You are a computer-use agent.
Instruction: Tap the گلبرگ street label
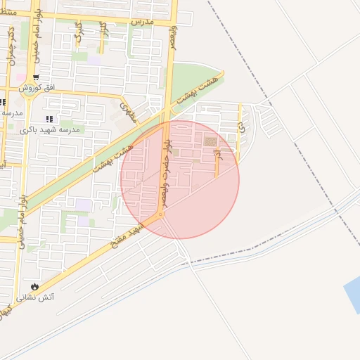(x=79, y=32)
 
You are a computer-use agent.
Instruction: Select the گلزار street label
(x=103, y=31)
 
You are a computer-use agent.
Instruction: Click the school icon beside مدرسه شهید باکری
(x=49, y=120)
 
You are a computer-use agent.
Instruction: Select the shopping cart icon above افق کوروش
(x=36, y=77)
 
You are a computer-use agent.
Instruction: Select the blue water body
(x=352, y=295)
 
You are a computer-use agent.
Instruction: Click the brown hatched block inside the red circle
(x=210, y=142)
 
